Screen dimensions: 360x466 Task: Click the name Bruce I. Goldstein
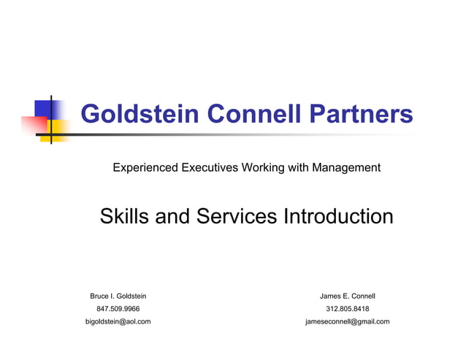118,296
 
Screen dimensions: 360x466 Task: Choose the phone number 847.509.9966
118,309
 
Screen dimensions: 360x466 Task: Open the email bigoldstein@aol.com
118,321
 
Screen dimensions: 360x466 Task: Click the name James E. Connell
347,296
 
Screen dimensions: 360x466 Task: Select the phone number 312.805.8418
347,309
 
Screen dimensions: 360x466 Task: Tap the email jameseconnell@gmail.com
347,321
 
